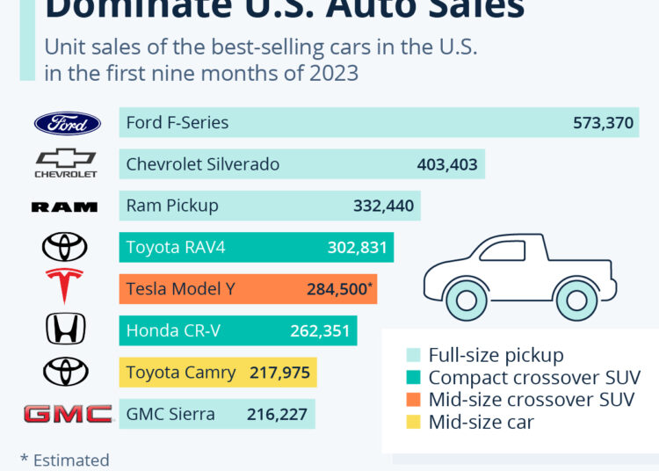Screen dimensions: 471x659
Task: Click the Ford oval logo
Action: [x=68, y=123]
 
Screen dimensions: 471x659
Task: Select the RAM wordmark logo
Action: [x=64, y=207]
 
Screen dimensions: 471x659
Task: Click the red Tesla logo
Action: [x=64, y=286]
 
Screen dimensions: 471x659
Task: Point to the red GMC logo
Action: [x=68, y=414]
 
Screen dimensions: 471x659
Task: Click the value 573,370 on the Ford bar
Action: [x=602, y=123]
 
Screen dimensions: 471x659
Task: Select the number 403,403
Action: [x=447, y=164]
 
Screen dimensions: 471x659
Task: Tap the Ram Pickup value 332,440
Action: [x=382, y=207]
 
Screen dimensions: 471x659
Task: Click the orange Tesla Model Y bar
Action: [x=248, y=288]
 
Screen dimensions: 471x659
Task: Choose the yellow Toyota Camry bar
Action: [x=218, y=373]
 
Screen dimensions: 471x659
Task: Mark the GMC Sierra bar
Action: [x=216, y=414]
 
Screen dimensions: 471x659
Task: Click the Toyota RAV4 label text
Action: [x=176, y=248]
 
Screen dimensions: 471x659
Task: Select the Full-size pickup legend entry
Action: [x=496, y=355]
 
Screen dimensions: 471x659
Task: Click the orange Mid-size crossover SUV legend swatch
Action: [x=413, y=400]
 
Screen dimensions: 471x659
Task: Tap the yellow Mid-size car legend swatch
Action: [x=413, y=422]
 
